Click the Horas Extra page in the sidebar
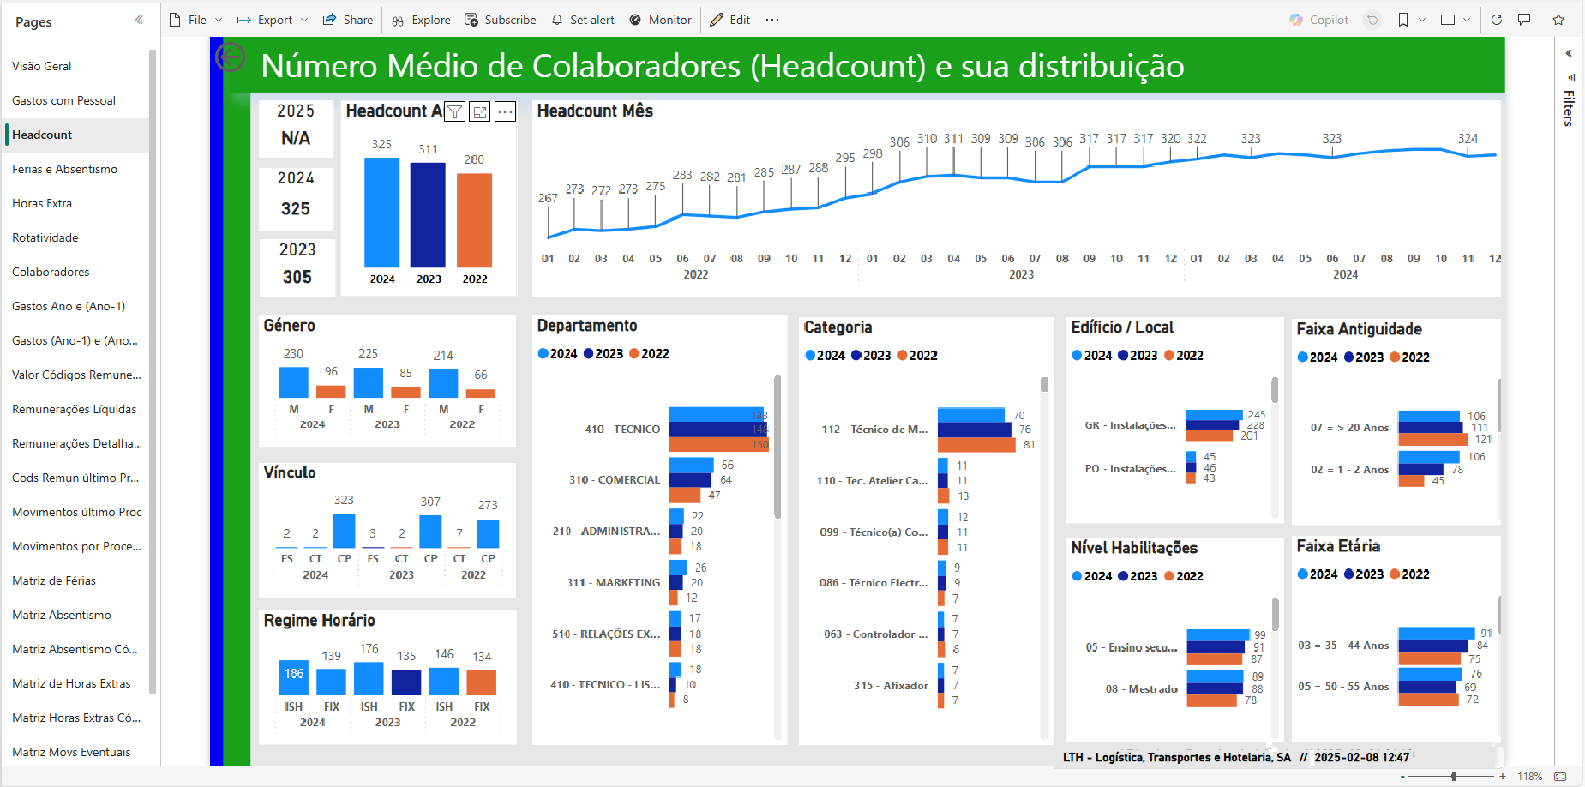(42, 203)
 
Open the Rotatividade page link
(45, 237)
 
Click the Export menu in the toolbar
(273, 20)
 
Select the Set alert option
(583, 20)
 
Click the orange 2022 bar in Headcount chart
(474, 220)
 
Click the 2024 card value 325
(296, 208)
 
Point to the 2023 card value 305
(297, 277)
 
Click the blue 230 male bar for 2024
(293, 382)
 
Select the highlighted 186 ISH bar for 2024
(293, 677)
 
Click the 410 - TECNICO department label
(622, 429)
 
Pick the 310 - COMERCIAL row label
(615, 480)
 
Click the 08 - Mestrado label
(1141, 689)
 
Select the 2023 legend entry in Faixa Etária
(1363, 574)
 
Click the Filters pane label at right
(1569, 108)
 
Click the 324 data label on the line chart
(1468, 139)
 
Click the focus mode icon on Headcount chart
(480, 111)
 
